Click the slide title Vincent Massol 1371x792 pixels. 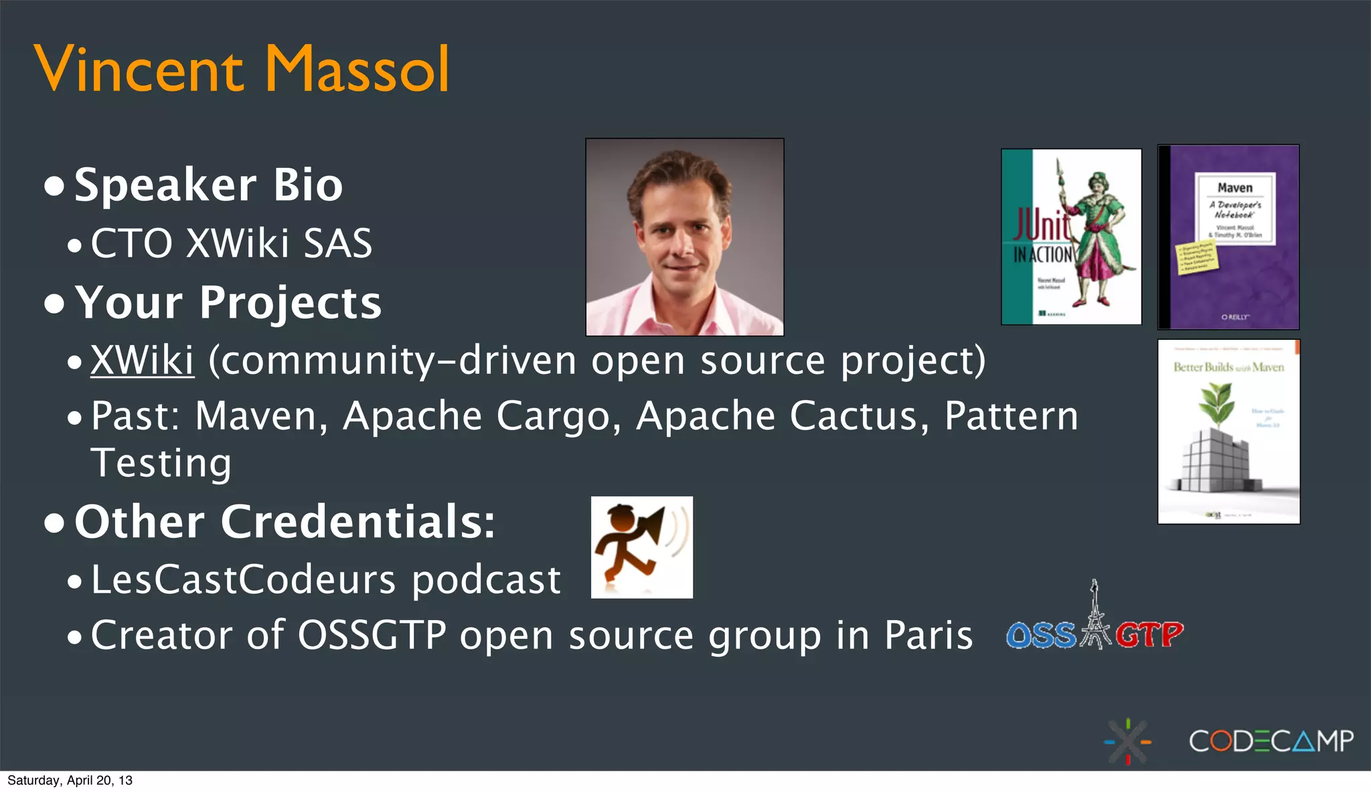tap(241, 69)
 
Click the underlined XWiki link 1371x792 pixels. tap(142, 361)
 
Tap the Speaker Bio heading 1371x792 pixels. tap(208, 185)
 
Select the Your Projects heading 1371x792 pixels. tap(228, 302)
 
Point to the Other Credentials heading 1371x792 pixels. tap(285, 522)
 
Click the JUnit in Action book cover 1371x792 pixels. tap(1071, 237)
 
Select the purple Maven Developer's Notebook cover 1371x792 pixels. tap(1228, 237)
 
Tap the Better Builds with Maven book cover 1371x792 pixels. tap(1228, 431)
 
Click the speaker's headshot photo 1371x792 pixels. tap(684, 237)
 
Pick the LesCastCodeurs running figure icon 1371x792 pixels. tap(641, 547)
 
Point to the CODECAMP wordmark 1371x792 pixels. tap(1271, 741)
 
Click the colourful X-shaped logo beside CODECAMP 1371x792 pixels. tap(1128, 741)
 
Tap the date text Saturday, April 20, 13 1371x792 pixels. tap(70, 781)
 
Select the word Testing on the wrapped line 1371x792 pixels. tap(161, 464)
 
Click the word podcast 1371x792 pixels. tap(486, 579)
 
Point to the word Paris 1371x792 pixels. tap(929, 635)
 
